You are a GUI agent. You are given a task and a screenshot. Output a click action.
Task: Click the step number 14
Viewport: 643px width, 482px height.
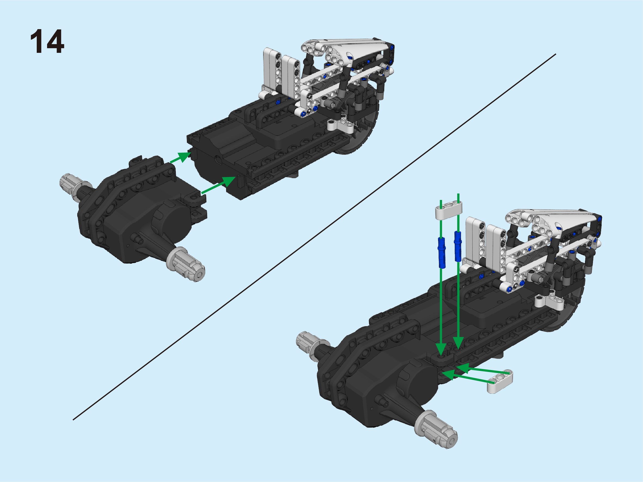pyautogui.click(x=47, y=41)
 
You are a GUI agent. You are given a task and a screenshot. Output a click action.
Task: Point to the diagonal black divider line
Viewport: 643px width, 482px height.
pyautogui.click(x=314, y=237)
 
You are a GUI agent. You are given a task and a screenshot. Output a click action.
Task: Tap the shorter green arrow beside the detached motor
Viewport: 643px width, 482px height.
pyautogui.click(x=180, y=157)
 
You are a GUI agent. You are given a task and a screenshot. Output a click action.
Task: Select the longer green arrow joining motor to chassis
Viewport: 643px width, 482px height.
pyautogui.click(x=218, y=185)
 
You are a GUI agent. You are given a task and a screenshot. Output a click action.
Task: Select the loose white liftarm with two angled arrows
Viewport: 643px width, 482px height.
pyautogui.click(x=500, y=381)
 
